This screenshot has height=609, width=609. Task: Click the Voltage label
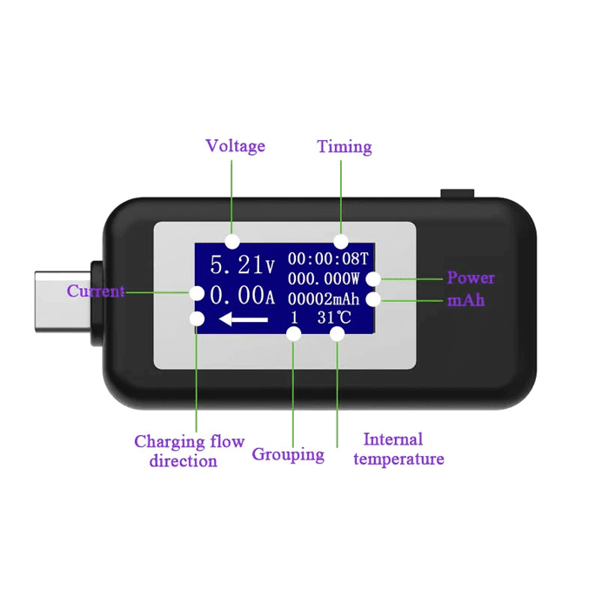click(x=235, y=146)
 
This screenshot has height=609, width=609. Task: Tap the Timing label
click(x=345, y=146)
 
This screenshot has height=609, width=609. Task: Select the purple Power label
click(x=471, y=278)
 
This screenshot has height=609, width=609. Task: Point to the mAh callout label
click(x=466, y=300)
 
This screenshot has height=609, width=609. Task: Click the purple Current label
click(x=96, y=291)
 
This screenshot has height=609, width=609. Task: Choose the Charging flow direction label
click(x=189, y=452)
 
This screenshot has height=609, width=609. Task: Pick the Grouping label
click(x=288, y=454)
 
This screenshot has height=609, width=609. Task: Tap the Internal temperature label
click(x=399, y=449)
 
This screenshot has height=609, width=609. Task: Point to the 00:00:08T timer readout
click(x=328, y=259)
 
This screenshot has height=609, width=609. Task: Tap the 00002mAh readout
click(x=325, y=298)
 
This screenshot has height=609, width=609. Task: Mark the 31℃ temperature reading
click(x=335, y=318)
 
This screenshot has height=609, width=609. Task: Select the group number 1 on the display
click(x=294, y=318)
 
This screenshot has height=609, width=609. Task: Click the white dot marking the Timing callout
click(x=341, y=240)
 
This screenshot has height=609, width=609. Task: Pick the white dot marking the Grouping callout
click(x=294, y=336)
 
